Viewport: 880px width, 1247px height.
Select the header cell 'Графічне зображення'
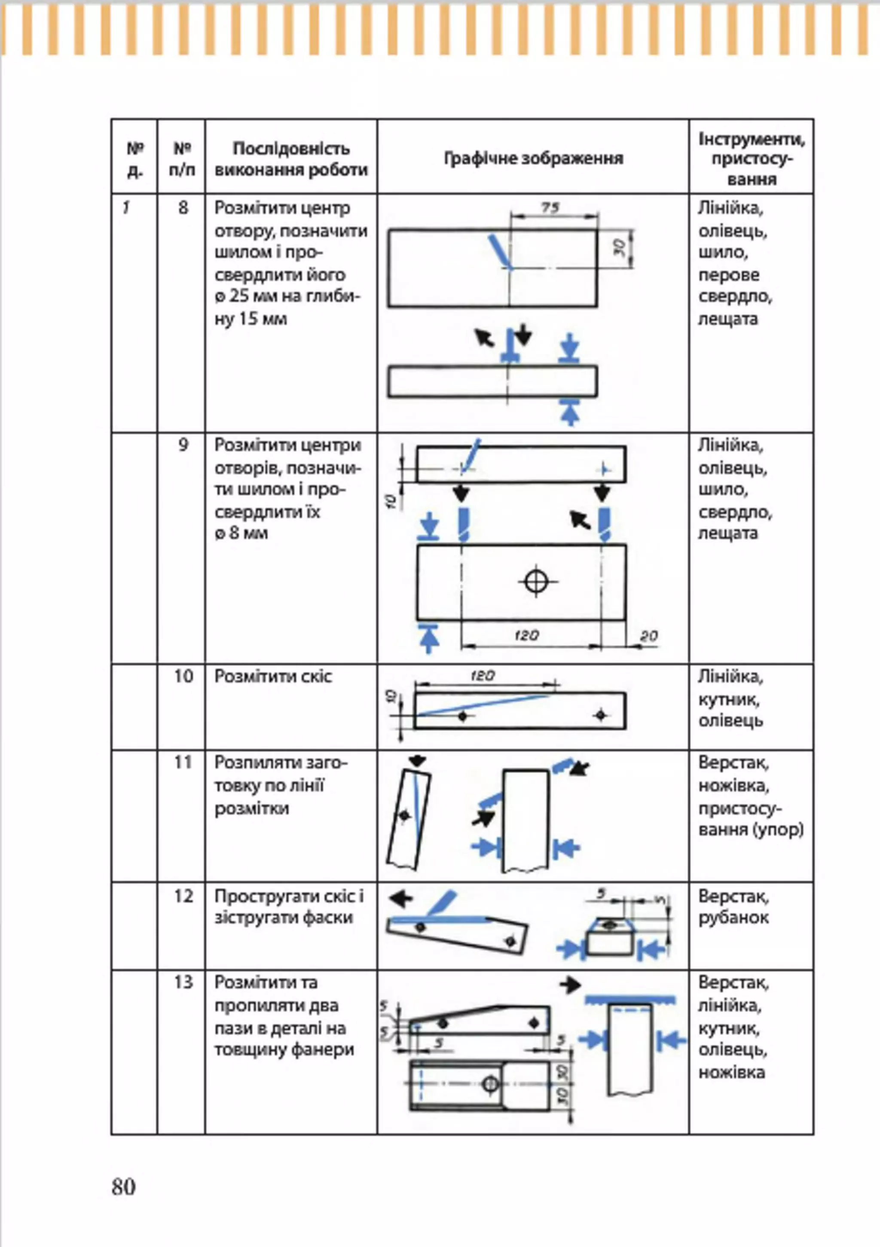[533, 158]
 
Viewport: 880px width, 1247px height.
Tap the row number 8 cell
[183, 207]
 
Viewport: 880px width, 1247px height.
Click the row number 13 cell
[183, 982]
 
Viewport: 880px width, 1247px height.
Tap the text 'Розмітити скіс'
[273, 676]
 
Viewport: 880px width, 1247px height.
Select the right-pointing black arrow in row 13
[570, 985]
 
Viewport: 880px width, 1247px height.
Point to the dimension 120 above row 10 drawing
[483, 676]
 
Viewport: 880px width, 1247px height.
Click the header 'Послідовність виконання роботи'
[291, 159]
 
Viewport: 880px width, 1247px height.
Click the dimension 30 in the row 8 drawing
[620, 248]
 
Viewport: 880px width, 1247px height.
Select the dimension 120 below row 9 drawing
[526, 634]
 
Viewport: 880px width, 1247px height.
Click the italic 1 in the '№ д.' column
[126, 207]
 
